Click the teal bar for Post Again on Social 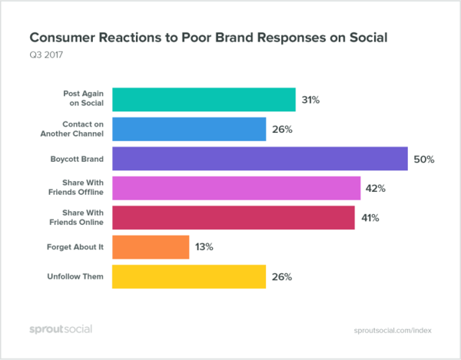(204, 99)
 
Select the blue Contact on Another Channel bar (189, 129)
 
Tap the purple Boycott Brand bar (260, 159)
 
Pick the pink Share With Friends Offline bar (237, 188)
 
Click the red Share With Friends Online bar (234, 218)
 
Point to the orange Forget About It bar (151, 247)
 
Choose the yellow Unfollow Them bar (189, 276)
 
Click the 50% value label (425, 160)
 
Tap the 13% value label (205, 247)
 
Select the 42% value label (377, 189)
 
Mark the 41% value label (371, 218)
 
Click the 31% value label (312, 100)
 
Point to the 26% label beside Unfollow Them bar (282, 277)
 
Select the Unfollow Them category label (78, 276)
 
